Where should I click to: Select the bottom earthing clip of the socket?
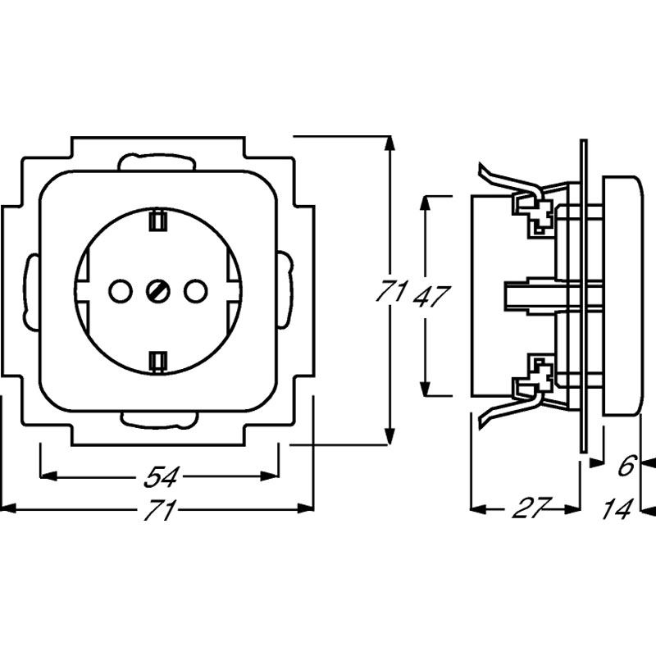tap(157, 360)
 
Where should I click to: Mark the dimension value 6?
tap(626, 467)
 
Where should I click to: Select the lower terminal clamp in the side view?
tap(532, 373)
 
